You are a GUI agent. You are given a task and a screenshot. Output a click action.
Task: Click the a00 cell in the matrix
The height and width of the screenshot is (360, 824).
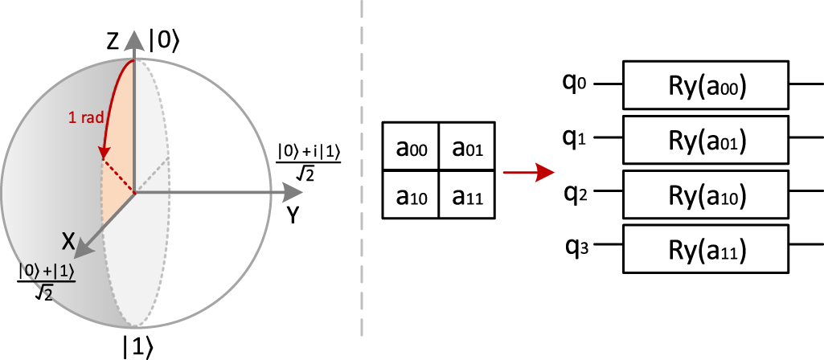411,146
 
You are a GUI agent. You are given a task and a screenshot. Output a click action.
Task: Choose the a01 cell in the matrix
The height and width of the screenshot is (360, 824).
467,146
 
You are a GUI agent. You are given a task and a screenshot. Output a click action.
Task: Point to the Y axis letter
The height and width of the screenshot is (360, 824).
293,215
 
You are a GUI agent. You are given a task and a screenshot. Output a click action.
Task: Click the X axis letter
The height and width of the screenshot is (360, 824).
70,239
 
